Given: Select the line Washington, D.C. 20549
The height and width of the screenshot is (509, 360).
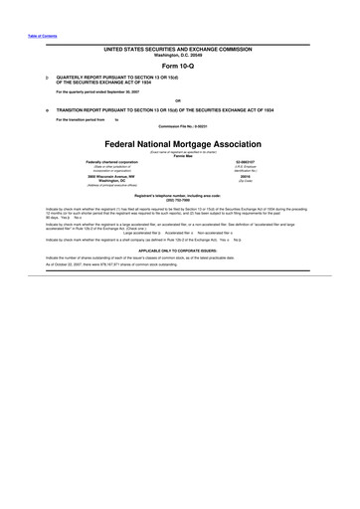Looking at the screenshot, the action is (180, 54).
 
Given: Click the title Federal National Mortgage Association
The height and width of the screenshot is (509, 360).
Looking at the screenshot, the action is (180, 142).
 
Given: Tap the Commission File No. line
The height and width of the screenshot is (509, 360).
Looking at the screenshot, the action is (180, 126).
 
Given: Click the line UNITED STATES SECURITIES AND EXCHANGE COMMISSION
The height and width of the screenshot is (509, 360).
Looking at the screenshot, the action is (180, 48).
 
